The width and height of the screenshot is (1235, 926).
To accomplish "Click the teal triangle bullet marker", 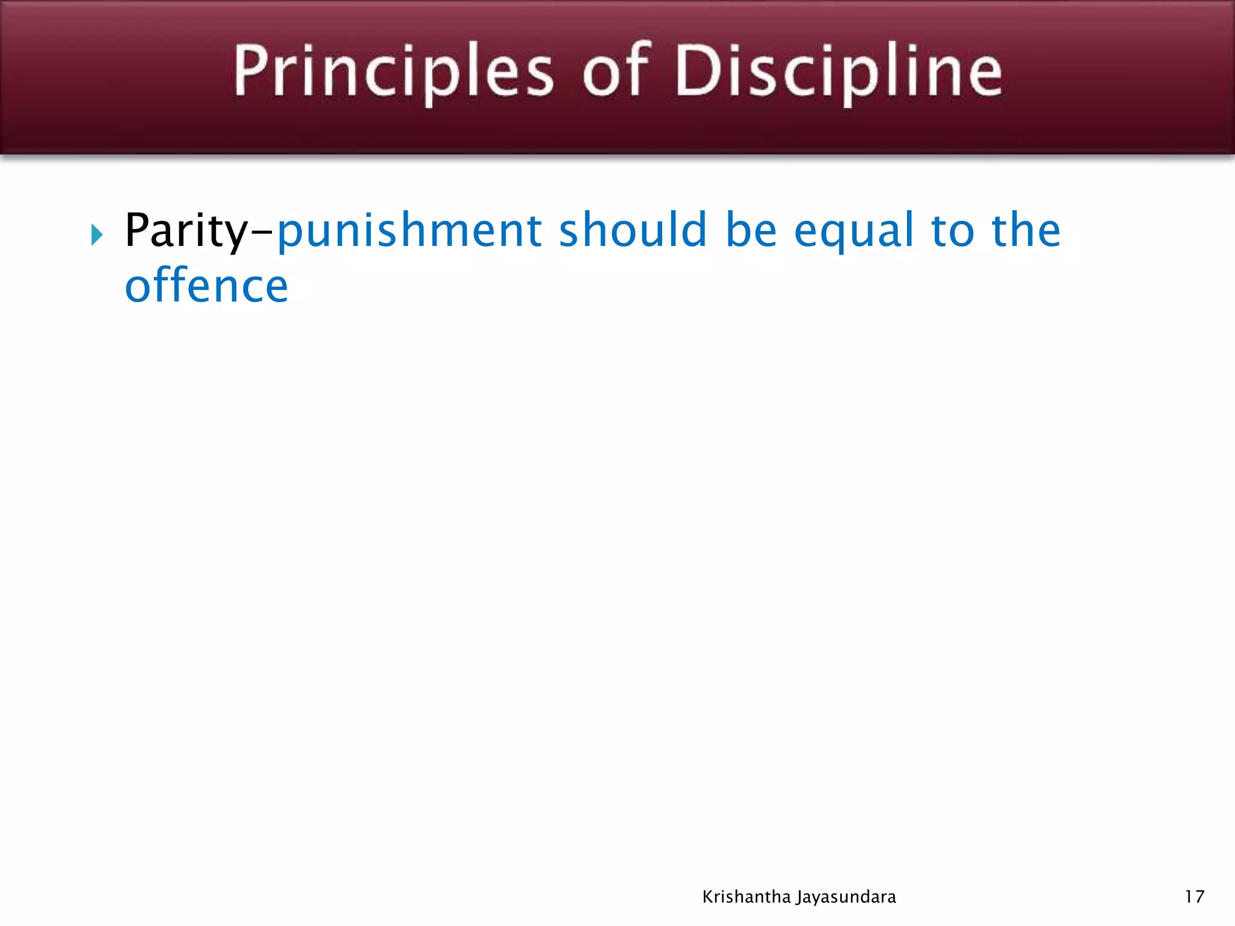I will click(97, 235).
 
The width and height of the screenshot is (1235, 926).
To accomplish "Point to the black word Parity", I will click(186, 231).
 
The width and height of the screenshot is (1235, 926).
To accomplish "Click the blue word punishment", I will click(409, 231).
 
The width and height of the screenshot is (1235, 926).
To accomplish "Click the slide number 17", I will click(1195, 897).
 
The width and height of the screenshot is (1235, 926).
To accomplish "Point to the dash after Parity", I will click(262, 232).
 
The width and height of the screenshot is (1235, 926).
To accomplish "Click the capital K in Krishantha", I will click(708, 897).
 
